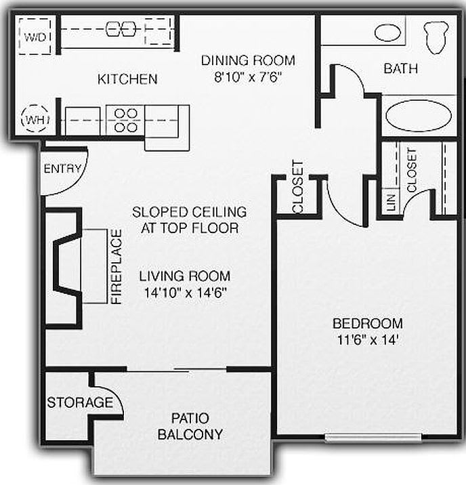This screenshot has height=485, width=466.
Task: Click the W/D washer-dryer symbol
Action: pos(33,36)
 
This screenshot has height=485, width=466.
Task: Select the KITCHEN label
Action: pos(127,79)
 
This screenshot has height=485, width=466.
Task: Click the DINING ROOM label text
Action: pos(248,61)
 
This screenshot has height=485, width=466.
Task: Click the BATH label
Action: pos(400,68)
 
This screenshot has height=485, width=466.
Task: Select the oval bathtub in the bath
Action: pos(418,115)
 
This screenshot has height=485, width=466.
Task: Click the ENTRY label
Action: pos(62,169)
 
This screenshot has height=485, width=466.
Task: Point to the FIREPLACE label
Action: pos(116,266)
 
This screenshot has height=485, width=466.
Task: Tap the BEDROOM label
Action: pos(368,324)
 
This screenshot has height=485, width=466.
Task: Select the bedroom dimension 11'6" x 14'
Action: pos(368,340)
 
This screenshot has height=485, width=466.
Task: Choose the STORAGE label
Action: pos(79,403)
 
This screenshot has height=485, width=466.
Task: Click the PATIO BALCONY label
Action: pos(190,426)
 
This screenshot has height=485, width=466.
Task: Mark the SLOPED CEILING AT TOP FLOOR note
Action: pos(189,220)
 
